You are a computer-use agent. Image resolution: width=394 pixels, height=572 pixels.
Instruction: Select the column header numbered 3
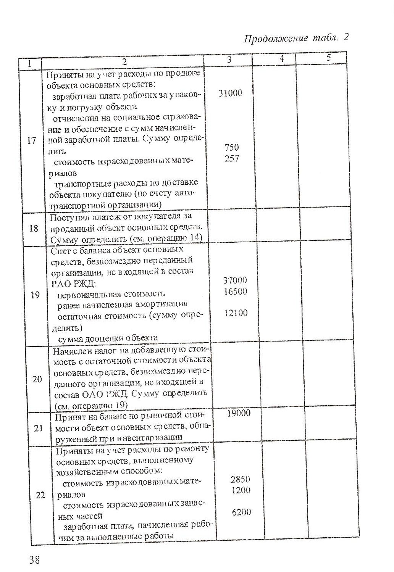click(x=229, y=60)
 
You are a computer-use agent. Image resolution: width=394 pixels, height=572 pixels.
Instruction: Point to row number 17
click(x=32, y=140)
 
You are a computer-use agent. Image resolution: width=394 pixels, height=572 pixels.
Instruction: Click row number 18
click(x=34, y=228)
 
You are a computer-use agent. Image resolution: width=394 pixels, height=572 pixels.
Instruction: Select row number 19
click(x=35, y=295)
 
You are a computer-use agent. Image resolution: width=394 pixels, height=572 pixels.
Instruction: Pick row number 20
click(x=37, y=379)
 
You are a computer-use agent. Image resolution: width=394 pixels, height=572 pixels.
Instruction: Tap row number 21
click(x=38, y=428)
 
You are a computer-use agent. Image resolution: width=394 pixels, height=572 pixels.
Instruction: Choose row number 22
click(x=40, y=495)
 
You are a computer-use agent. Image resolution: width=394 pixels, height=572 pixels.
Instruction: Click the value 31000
click(x=230, y=93)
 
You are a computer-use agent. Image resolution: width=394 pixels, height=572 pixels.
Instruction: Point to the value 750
click(x=232, y=147)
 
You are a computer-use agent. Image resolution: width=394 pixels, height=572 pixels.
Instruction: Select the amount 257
click(x=232, y=158)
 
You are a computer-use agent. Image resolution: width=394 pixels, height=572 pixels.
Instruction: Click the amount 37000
click(x=235, y=280)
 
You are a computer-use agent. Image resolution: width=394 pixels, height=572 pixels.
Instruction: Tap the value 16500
click(x=235, y=292)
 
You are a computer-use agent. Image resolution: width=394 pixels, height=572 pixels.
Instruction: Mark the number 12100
click(x=236, y=313)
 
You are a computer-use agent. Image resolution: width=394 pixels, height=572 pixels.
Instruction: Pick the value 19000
click(x=239, y=413)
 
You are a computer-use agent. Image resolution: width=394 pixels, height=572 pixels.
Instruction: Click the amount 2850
click(x=241, y=479)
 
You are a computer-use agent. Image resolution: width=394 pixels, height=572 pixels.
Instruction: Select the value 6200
click(x=242, y=512)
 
